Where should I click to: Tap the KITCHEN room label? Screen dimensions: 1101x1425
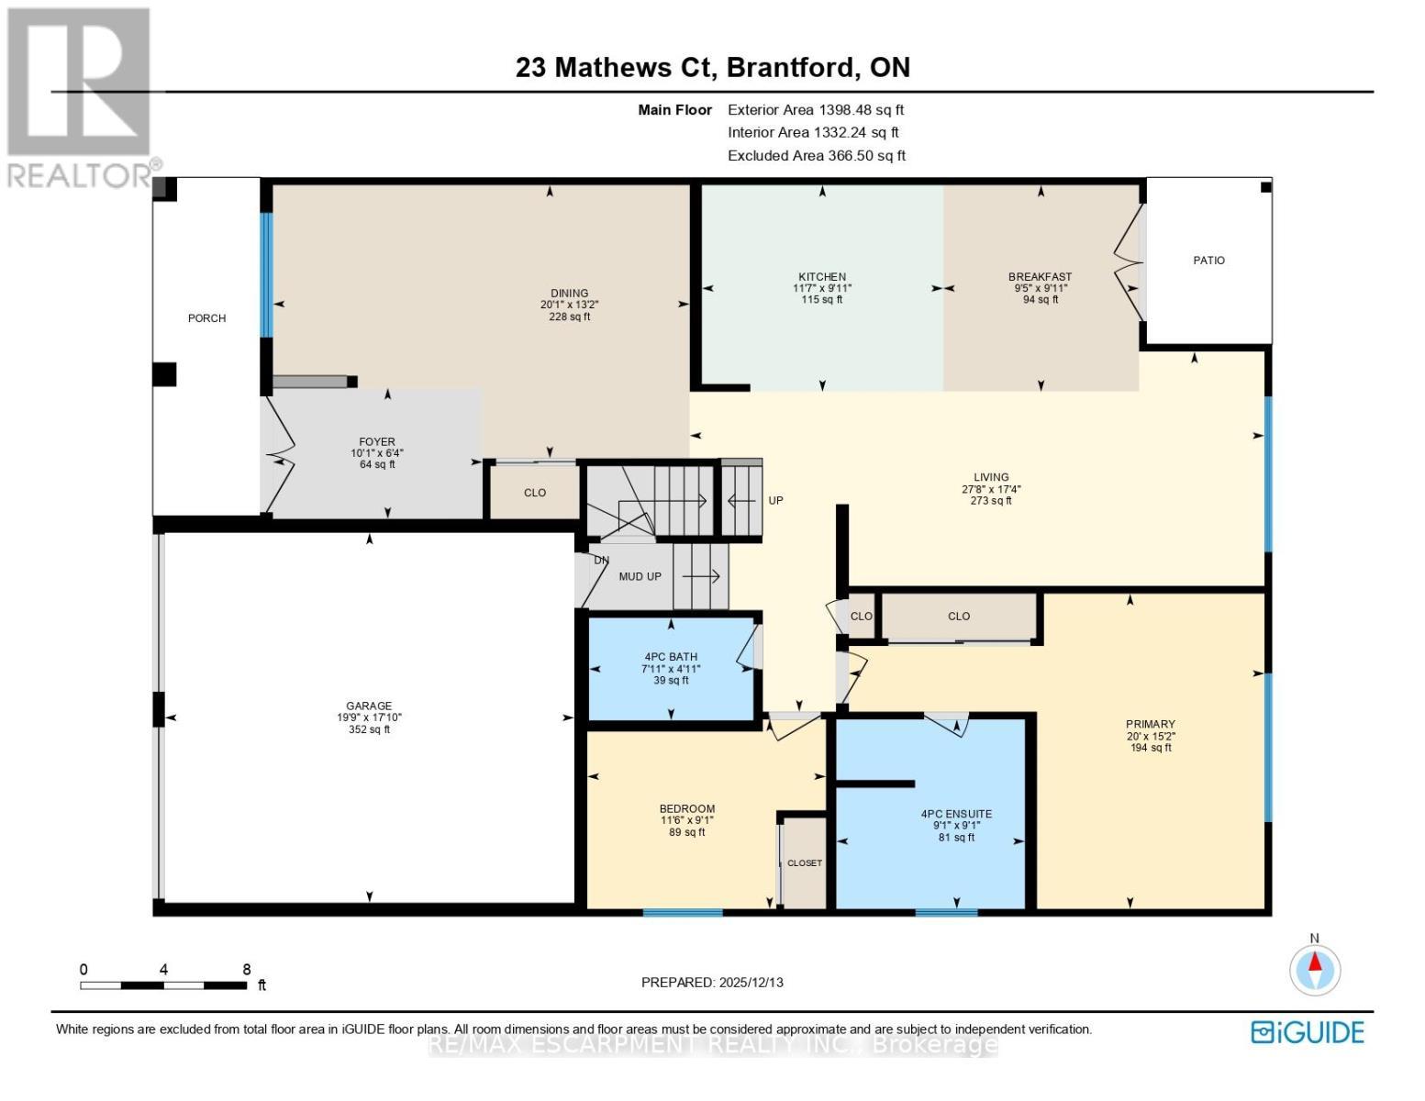click(821, 276)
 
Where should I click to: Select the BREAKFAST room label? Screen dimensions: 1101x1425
click(1040, 276)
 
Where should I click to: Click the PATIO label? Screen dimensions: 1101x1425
click(1208, 261)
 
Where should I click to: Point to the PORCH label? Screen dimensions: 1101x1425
click(206, 318)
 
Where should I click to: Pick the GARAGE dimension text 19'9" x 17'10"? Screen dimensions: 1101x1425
click(369, 718)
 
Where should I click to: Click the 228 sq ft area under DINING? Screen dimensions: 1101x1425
click(569, 317)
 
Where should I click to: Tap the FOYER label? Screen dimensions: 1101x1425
click(376, 442)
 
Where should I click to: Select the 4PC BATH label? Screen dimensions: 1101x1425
click(670, 657)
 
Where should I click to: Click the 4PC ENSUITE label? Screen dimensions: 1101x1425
click(956, 814)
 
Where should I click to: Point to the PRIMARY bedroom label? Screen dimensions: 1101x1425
click(1150, 724)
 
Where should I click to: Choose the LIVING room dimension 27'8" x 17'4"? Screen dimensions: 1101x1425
click(991, 490)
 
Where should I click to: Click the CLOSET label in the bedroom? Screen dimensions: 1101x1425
click(805, 863)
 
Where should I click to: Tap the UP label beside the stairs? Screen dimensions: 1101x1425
click(775, 501)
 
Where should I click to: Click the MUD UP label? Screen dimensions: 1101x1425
click(640, 577)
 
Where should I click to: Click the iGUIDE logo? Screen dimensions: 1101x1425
click(1308, 1032)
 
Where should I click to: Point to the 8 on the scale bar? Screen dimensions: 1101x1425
click(246, 970)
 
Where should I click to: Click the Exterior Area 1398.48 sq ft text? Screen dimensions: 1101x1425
click(816, 110)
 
